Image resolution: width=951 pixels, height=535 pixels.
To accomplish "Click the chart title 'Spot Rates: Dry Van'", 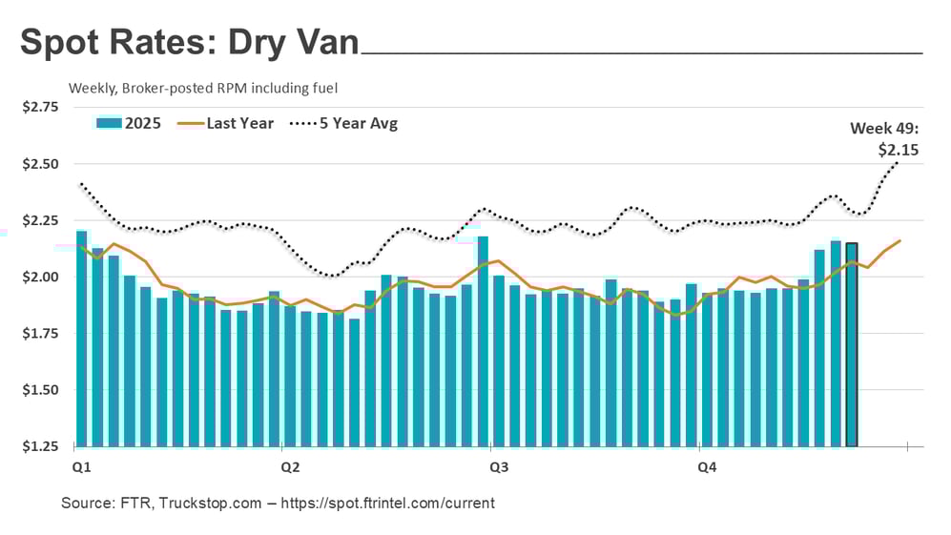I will (x=190, y=44).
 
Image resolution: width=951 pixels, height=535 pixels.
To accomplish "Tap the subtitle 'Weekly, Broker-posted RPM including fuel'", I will (x=203, y=88).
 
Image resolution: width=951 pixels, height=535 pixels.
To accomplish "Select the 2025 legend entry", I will (x=129, y=123).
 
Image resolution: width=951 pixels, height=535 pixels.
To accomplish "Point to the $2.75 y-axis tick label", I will (x=41, y=107).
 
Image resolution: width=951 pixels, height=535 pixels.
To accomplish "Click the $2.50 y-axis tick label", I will (x=41, y=164).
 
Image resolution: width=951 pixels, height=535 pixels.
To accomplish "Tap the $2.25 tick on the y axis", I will (x=41, y=220).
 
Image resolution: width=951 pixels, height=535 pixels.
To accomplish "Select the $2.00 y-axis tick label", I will (x=41, y=278).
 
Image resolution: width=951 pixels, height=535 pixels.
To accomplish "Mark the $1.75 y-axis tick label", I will (x=41, y=334).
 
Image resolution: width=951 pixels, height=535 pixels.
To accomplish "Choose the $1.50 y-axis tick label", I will (x=41, y=390).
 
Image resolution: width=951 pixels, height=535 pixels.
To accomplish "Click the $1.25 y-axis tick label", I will (x=41, y=446).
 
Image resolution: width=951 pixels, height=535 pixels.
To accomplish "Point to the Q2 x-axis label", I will (x=290, y=467).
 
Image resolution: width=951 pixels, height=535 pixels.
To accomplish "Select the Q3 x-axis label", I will (x=498, y=467).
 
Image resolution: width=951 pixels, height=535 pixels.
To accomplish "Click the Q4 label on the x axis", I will (x=707, y=467).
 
